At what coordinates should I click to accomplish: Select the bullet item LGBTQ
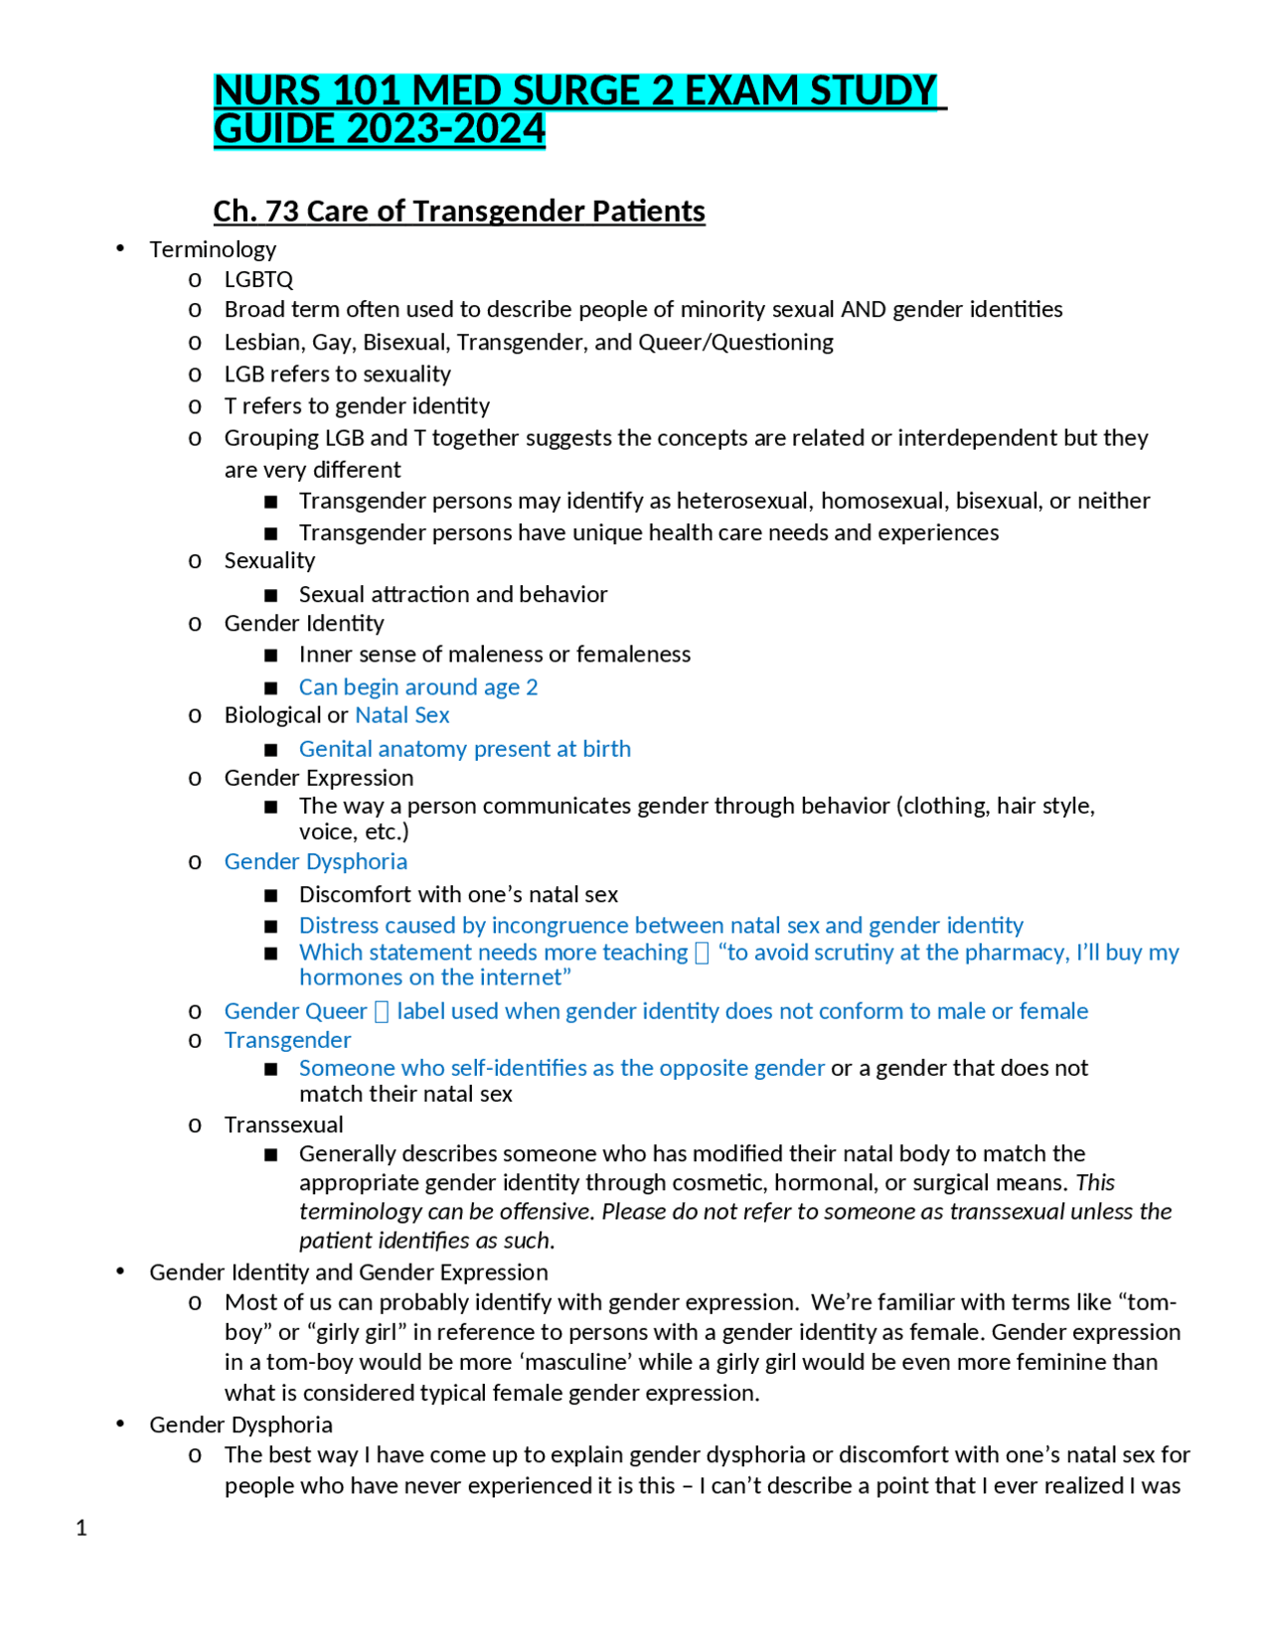[258, 280]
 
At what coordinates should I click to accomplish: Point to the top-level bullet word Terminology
[213, 249]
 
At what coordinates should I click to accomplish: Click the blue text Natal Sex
[401, 715]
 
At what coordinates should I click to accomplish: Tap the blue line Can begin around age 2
[417, 687]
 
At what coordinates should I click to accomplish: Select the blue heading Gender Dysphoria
[315, 862]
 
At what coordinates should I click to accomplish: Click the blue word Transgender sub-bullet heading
[287, 1040]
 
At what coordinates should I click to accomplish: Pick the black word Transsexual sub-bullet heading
[283, 1124]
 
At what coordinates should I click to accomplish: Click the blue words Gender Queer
[295, 1011]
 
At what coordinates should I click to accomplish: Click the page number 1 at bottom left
[81, 1528]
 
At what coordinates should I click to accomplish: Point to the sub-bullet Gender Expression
[318, 779]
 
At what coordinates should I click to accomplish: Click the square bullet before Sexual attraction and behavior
[271, 595]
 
